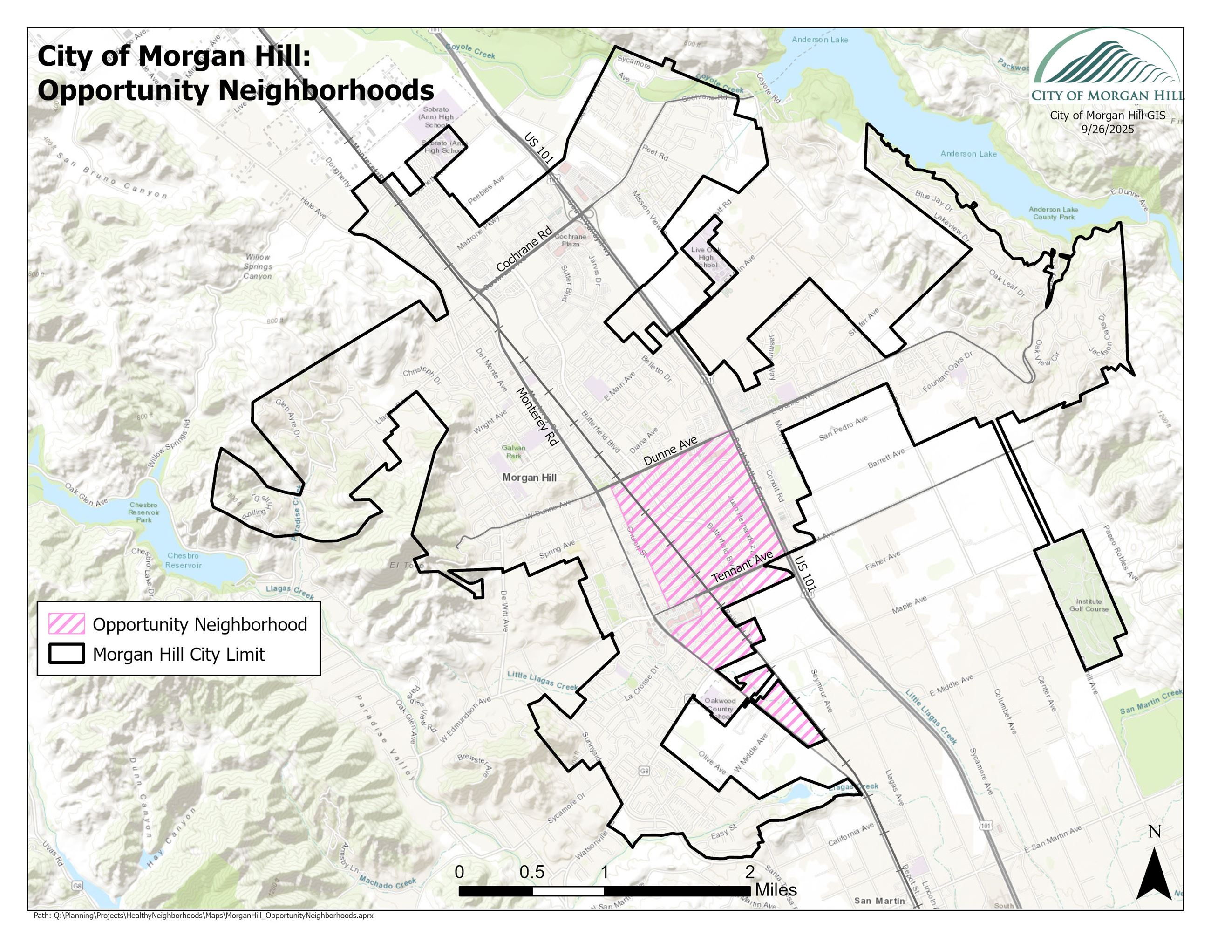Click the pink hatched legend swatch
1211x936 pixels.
[67, 624]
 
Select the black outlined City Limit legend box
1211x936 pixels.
[67, 654]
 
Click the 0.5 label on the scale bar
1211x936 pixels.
[532, 872]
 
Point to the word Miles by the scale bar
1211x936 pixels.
[776, 890]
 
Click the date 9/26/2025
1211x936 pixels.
[1107, 129]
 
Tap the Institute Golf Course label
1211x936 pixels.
[1089, 605]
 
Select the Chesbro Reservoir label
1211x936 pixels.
[183, 560]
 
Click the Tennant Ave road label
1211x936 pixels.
[742, 567]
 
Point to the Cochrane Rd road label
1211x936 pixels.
[524, 248]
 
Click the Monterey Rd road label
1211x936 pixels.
[536, 416]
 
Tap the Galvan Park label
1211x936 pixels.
[513, 451]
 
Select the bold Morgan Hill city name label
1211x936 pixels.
[529, 478]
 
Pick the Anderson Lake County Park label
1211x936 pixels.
[1053, 213]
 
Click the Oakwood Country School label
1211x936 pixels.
[720, 708]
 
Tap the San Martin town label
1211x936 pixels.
[879, 901]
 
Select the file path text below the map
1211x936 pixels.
[203, 916]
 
